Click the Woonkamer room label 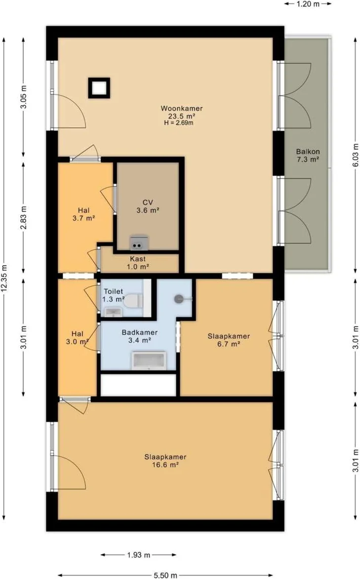[x=182, y=108]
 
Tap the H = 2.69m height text [x=179, y=123]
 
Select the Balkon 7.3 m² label [x=308, y=156]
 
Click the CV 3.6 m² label [x=148, y=207]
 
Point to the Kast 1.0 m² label [x=138, y=263]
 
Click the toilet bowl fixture [x=133, y=301]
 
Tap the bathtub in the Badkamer [x=149, y=361]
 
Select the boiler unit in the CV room [x=139, y=244]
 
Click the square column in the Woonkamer [x=99, y=88]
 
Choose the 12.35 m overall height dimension [x=4, y=279]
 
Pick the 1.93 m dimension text [x=138, y=555]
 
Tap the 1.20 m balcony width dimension [x=308, y=4]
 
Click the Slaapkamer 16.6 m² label [x=165, y=461]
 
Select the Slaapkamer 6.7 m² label [x=229, y=340]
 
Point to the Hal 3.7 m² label [x=84, y=214]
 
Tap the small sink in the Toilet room [x=112, y=313]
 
